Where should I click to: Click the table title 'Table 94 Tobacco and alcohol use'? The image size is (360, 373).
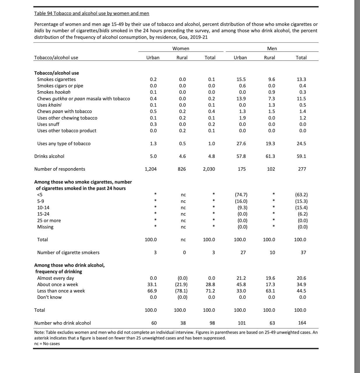click(92, 13)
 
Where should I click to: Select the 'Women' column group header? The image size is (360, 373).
click(181, 48)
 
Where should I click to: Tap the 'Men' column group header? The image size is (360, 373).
click(272, 48)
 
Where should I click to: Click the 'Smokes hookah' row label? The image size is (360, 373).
click(54, 92)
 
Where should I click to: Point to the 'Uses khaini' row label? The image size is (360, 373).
click(49, 105)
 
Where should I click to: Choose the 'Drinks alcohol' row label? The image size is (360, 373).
click(49, 156)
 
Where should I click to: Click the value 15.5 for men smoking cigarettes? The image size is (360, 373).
click(241, 79)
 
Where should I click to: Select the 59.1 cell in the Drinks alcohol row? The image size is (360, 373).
click(301, 156)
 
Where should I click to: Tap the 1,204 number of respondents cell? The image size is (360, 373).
click(151, 169)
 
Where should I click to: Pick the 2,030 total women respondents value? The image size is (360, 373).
click(209, 169)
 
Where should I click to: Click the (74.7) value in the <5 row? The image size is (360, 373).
click(241, 195)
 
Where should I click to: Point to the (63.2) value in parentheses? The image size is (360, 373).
click(301, 195)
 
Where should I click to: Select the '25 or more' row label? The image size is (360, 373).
click(49, 221)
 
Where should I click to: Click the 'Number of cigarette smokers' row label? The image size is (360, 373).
click(68, 252)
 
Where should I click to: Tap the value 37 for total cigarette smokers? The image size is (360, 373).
click(303, 252)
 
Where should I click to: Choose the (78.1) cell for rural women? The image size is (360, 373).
click(181, 291)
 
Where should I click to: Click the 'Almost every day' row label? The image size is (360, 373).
click(55, 278)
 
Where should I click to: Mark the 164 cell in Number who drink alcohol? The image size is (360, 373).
click(302, 323)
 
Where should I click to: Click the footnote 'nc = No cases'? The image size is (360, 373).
click(47, 344)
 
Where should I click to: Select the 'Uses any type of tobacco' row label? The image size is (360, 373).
click(64, 143)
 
